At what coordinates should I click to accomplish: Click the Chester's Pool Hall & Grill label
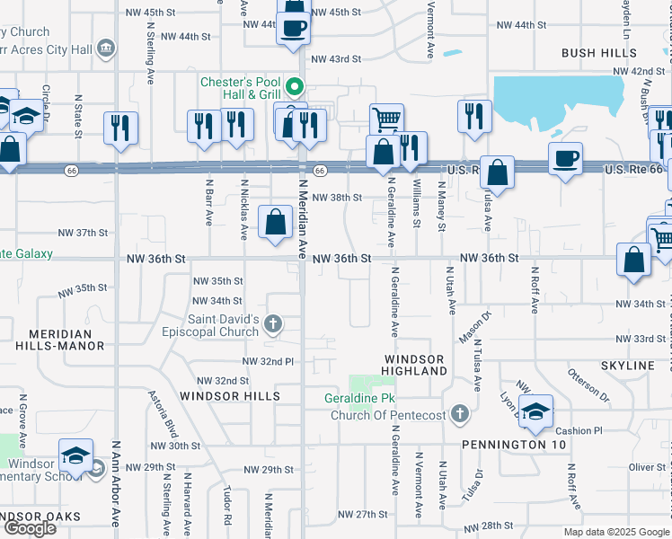[241, 88]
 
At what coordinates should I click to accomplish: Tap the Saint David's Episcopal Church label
[224, 325]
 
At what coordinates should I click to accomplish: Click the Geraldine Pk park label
[359, 398]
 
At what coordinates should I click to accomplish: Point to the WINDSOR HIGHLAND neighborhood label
[415, 365]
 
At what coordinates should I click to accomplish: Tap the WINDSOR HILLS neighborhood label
[229, 396]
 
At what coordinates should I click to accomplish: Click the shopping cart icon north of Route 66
[386, 119]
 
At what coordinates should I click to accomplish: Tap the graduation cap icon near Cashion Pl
[535, 411]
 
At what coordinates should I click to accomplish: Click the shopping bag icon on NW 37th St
[275, 221]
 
